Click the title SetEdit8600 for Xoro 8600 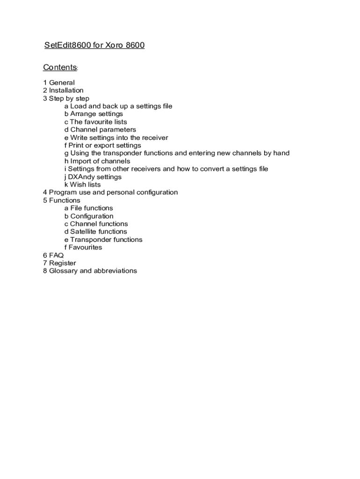tap(94, 45)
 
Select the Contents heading tap(60, 67)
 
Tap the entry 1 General tap(59, 83)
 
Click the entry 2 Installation tap(63, 90)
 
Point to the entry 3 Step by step tap(66, 98)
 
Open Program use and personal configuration tap(110, 192)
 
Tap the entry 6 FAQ tap(53, 255)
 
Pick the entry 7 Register tap(59, 263)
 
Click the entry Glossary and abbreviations tap(90, 271)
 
